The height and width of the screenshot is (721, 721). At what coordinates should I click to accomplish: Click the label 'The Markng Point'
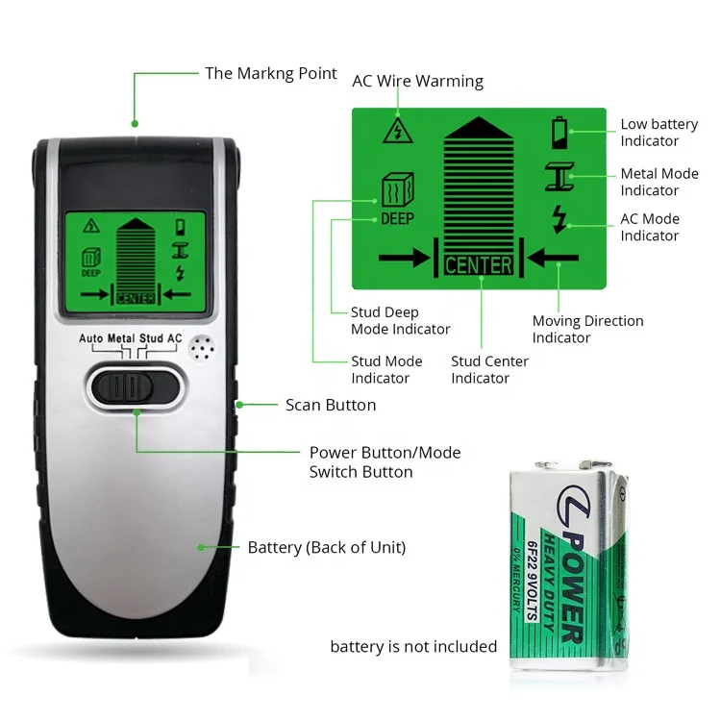pyautogui.click(x=271, y=73)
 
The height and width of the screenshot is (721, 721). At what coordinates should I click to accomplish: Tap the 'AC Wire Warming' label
pyautogui.click(x=418, y=81)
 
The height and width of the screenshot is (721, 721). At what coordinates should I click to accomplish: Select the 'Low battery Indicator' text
pyautogui.click(x=659, y=133)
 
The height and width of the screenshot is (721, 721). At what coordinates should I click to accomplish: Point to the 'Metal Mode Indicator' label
pyautogui.click(x=659, y=182)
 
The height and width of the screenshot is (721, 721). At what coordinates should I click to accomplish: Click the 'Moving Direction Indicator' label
pyautogui.click(x=587, y=329)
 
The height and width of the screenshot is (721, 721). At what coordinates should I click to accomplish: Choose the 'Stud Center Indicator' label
pyautogui.click(x=489, y=369)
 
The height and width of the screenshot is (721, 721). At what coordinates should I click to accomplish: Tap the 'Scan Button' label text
pyautogui.click(x=331, y=405)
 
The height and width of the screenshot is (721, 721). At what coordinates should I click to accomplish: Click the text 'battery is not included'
pyautogui.click(x=413, y=646)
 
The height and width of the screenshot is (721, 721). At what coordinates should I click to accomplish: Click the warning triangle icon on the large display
pyautogui.click(x=392, y=131)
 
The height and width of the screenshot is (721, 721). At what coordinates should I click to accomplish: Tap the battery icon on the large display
pyautogui.click(x=559, y=132)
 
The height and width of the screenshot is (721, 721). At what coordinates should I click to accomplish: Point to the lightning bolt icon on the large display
pyautogui.click(x=559, y=219)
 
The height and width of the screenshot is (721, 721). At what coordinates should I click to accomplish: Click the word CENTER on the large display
pyautogui.click(x=479, y=264)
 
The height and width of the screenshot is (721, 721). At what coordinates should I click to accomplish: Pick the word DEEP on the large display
pyautogui.click(x=397, y=218)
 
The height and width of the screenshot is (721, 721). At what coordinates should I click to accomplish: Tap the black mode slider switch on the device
pyautogui.click(x=135, y=386)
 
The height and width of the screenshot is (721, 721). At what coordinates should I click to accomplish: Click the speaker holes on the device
pyautogui.click(x=201, y=348)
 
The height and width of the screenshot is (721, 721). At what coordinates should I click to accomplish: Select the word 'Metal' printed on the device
pyautogui.click(x=121, y=338)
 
